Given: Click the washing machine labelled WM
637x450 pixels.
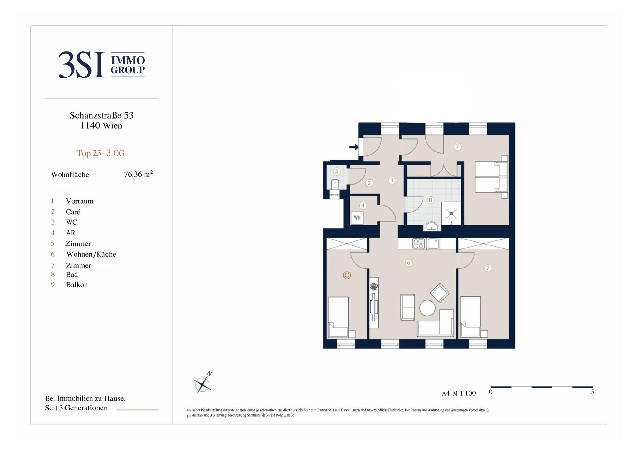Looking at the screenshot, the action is click(357, 218).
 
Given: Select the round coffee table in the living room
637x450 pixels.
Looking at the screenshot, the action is click(427, 308).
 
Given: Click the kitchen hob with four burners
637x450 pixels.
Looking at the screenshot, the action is click(418, 244).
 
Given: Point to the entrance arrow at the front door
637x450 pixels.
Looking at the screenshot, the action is click(354, 147).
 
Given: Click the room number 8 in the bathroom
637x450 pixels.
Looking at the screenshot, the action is click(430, 200).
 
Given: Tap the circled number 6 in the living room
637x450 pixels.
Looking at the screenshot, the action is click(408, 263).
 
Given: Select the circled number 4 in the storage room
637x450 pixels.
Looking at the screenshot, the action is click(363, 205).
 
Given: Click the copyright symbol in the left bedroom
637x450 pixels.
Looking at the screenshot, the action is click(347, 275).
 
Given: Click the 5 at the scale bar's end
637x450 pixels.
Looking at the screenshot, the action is click(592, 392).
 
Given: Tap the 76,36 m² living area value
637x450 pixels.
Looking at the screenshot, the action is click(138, 174).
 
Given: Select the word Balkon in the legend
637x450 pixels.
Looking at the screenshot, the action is click(77, 285).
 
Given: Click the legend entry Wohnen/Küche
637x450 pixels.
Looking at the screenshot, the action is click(91, 254).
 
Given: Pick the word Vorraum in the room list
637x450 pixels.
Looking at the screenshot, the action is click(80, 201).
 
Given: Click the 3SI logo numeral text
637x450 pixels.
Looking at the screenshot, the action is click(81, 65).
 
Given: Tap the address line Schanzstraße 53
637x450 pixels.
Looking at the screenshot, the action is click(102, 115).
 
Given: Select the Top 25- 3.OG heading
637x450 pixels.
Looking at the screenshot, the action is click(100, 153).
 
